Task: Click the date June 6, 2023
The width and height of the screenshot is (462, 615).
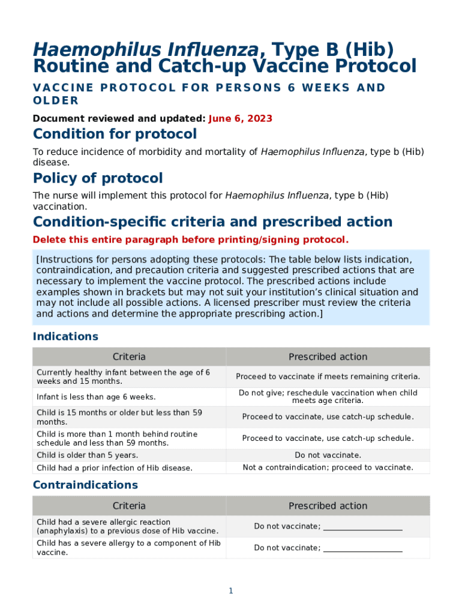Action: pos(240,119)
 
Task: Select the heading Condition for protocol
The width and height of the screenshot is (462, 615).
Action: pos(115,134)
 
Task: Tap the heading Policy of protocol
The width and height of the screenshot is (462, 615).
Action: pos(98,178)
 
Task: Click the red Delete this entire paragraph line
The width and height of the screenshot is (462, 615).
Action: pos(190,240)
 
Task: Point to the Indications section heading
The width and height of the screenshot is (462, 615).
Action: pos(65,336)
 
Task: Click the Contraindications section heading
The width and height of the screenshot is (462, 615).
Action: pos(85,485)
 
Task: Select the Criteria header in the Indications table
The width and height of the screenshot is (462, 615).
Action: pos(129,357)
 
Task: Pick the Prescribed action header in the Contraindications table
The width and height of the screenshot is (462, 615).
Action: pos(328,506)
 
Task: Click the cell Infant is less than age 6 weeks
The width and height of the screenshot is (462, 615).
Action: pos(96,397)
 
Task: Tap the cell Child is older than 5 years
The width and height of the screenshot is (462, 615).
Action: pos(87,455)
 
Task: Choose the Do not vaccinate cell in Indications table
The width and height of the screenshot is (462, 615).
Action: pos(328,455)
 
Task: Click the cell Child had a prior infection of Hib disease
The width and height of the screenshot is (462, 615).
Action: pos(115,468)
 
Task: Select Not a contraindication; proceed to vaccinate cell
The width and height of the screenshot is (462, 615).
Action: pos(328,467)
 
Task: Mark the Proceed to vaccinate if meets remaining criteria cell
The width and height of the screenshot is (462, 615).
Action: pos(328,377)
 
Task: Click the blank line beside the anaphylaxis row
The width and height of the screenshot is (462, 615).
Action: pos(362,527)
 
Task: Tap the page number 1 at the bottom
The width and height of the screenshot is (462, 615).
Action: pos(230,591)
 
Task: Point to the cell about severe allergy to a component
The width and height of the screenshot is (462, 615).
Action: pos(128,548)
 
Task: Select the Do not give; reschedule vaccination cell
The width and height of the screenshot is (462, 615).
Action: pos(328,396)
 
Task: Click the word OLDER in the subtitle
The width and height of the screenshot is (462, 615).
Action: pos(56,100)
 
